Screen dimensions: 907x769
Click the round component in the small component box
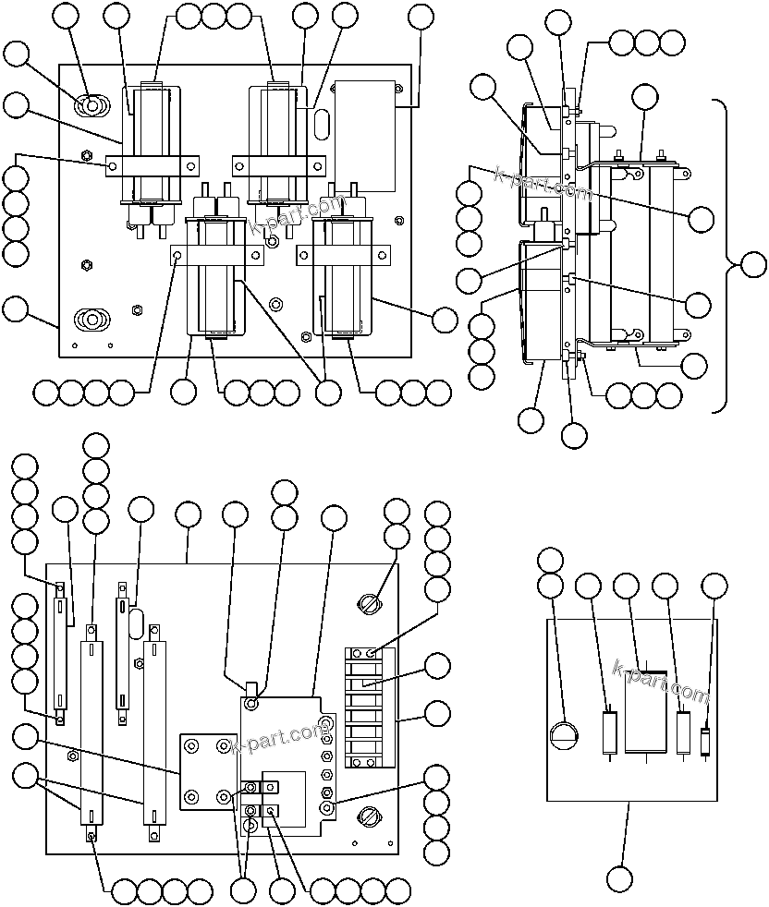563,736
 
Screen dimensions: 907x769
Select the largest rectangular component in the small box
647,711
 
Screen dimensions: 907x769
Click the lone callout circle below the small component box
620,877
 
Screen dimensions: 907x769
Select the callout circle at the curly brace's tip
753,265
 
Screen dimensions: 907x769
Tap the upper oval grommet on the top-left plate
92,107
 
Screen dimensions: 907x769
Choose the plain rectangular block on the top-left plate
364,134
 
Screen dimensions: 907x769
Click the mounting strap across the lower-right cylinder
338,254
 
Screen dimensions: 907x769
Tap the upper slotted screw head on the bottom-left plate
369,605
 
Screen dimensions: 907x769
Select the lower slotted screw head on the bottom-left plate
369,816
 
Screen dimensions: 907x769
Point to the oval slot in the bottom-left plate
135,621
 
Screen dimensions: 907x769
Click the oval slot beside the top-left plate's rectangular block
322,124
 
